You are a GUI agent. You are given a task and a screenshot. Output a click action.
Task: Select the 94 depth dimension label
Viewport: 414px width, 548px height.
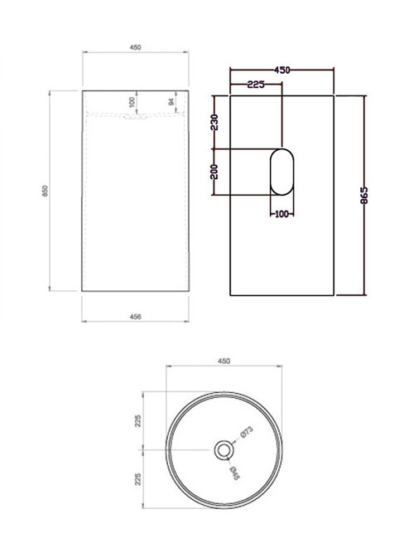click(x=171, y=103)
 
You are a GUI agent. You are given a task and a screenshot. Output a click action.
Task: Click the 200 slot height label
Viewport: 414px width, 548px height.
click(x=214, y=172)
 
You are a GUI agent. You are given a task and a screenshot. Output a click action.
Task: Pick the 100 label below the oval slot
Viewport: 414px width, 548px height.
click(x=281, y=215)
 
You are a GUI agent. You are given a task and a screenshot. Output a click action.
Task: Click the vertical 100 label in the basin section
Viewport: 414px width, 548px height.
click(x=132, y=102)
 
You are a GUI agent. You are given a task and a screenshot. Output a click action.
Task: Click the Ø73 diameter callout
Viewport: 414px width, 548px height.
click(x=246, y=434)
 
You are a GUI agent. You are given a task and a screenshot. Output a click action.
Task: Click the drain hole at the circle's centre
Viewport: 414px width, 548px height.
click(x=223, y=450)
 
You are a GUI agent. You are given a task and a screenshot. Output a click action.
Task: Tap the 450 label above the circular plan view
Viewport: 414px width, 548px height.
click(x=223, y=361)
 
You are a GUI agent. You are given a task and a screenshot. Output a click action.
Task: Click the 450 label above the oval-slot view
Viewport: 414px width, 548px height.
click(x=282, y=71)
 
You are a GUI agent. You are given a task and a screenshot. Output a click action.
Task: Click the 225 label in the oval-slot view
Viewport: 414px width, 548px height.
click(x=255, y=84)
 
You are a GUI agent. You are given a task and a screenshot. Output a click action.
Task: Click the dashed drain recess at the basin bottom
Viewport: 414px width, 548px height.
click(x=137, y=118)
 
